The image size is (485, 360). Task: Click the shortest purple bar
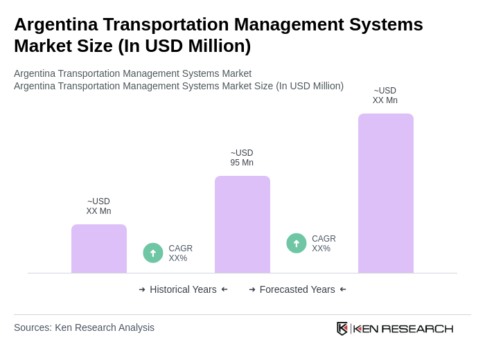[99, 249]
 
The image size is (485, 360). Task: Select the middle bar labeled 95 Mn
[242, 224]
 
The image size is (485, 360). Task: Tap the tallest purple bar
[385, 193]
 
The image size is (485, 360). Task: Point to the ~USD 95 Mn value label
[242, 158]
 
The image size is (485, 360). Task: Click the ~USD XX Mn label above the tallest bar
[385, 96]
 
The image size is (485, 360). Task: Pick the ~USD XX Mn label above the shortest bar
[98, 206]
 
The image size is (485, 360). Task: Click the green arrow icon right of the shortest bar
[153, 253]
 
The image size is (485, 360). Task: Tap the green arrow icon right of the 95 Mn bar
[297, 243]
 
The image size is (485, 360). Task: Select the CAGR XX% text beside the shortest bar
[180, 253]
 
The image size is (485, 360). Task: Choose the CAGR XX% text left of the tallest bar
[324, 244]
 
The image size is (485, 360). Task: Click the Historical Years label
[183, 289]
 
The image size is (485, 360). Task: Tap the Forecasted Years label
[297, 289]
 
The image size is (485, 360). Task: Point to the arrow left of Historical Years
[142, 289]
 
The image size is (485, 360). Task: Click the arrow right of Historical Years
[224, 289]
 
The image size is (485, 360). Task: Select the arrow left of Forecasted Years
[252, 289]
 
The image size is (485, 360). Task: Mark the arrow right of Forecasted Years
[343, 289]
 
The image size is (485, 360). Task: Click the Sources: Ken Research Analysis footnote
[84, 327]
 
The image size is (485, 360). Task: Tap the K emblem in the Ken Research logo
[342, 328]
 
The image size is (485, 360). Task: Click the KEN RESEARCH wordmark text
[403, 328]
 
